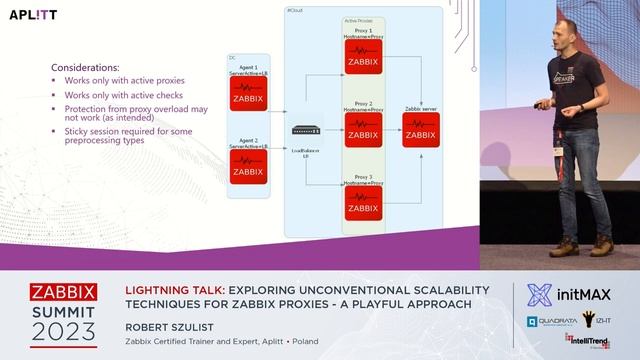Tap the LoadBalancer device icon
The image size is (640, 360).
click(305, 130)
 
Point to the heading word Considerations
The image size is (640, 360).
click(85, 67)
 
